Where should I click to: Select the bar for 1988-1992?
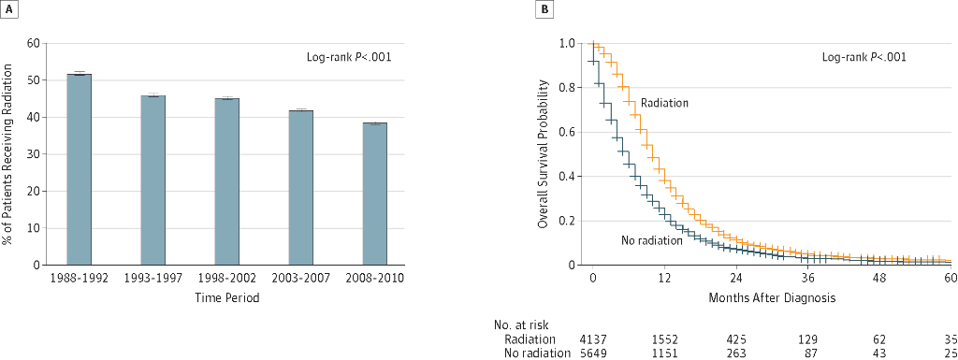coord(79,169)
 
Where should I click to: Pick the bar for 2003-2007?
coord(300,187)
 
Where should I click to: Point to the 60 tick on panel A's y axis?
coord(33,43)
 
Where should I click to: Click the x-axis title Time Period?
coord(226,298)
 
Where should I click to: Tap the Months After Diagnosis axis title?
coord(771,298)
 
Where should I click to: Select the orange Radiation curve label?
coord(665,103)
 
